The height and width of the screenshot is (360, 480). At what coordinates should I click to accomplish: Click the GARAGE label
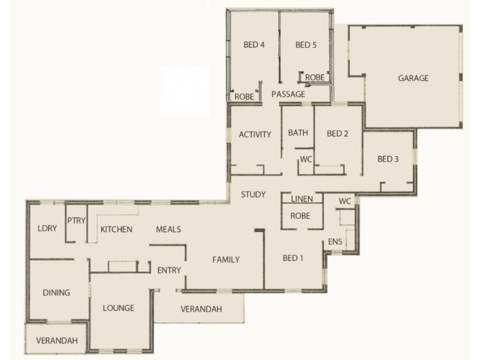point(413,78)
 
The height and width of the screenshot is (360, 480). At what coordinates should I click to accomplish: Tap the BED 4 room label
point(254,44)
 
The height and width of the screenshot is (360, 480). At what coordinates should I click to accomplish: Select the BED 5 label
point(306,44)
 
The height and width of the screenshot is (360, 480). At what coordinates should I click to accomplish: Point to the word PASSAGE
point(289,94)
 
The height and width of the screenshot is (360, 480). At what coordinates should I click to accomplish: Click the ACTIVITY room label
point(255,134)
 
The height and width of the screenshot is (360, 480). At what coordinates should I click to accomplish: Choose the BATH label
point(298,133)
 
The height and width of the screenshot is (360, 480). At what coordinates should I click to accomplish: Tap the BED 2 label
point(337,134)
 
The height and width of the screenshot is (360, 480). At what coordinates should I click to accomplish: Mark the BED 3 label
point(388,159)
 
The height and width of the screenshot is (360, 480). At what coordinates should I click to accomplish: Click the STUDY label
point(253,194)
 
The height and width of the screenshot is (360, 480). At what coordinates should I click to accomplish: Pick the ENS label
point(335,242)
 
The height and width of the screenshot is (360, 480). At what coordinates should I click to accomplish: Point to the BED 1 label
point(293,259)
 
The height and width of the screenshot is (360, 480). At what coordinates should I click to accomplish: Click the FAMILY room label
point(226,260)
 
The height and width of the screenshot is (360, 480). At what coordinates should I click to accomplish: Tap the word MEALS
point(169,229)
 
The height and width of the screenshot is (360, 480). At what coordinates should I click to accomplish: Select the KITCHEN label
point(116,229)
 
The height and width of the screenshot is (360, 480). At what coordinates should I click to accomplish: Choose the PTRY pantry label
point(76,220)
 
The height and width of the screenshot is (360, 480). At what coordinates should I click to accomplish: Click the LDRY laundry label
point(47,229)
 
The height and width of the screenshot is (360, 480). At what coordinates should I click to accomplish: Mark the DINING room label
point(57,293)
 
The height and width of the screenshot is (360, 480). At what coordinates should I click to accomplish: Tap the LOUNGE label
point(118,308)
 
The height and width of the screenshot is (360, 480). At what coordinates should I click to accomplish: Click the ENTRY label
point(169,271)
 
